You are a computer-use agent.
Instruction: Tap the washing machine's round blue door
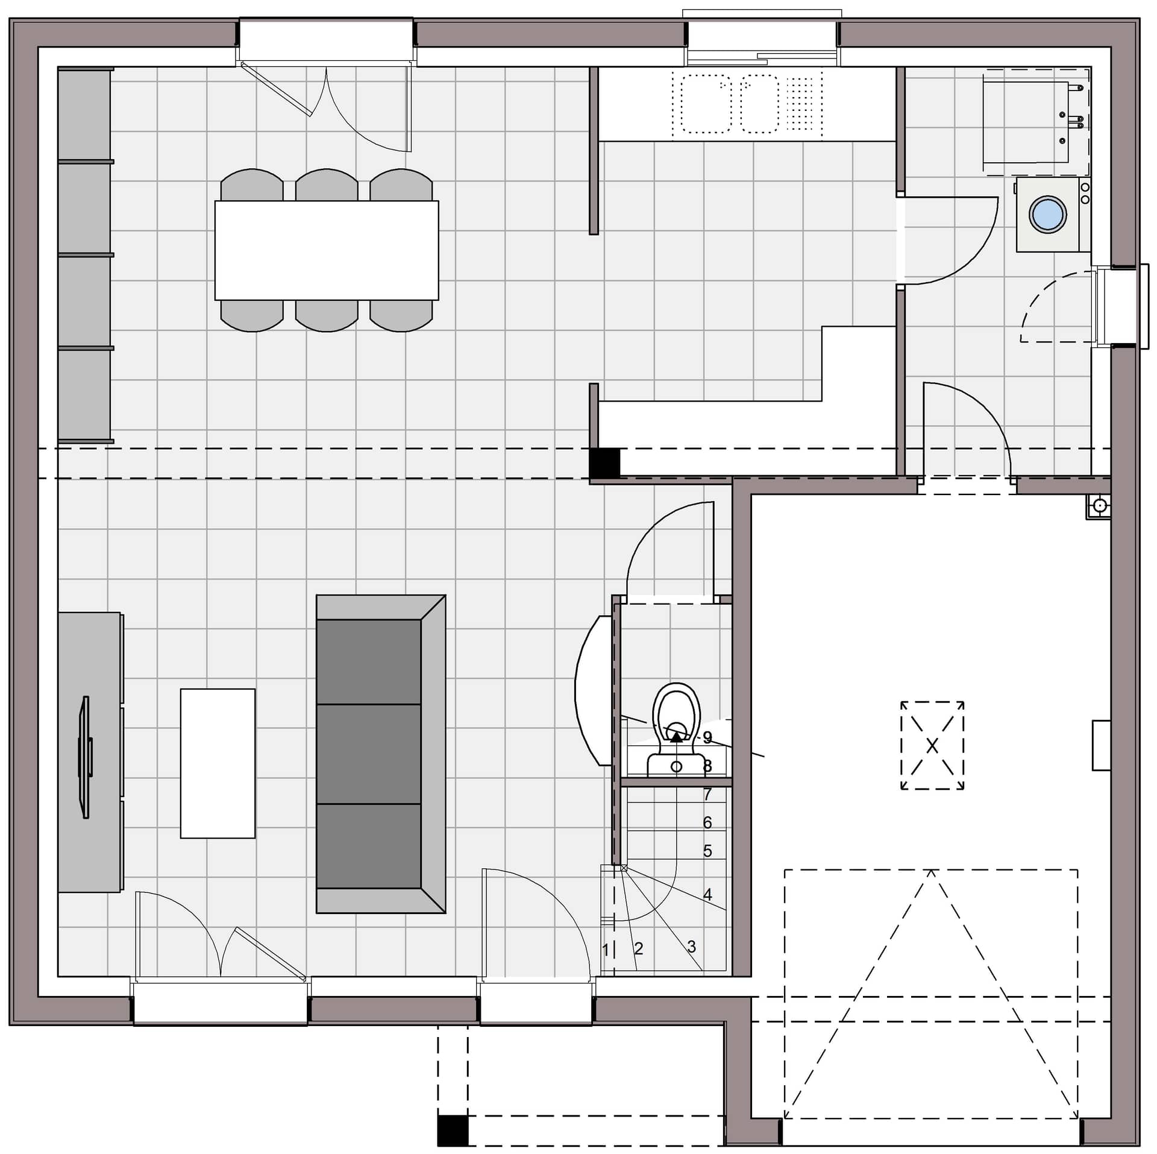point(1048,214)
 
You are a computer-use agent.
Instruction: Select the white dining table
point(327,250)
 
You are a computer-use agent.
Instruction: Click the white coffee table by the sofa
point(218,763)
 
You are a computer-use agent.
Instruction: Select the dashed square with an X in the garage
point(932,746)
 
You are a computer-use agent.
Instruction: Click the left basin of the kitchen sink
point(706,104)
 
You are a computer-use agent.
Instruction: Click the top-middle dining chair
point(327,184)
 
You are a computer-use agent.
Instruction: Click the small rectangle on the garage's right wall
point(1101,745)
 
